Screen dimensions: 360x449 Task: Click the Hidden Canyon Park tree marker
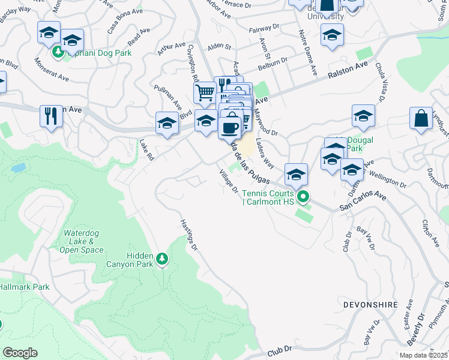tap(161, 259)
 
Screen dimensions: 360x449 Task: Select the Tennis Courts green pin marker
tap(304, 196)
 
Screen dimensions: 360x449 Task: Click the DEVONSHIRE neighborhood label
tap(371, 305)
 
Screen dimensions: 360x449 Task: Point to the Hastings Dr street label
tap(188, 234)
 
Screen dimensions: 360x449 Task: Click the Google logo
tap(20, 353)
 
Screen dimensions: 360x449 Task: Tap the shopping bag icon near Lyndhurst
tap(421, 118)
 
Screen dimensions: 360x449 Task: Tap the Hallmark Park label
tap(24, 287)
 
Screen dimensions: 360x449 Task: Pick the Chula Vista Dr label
tap(381, 82)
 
